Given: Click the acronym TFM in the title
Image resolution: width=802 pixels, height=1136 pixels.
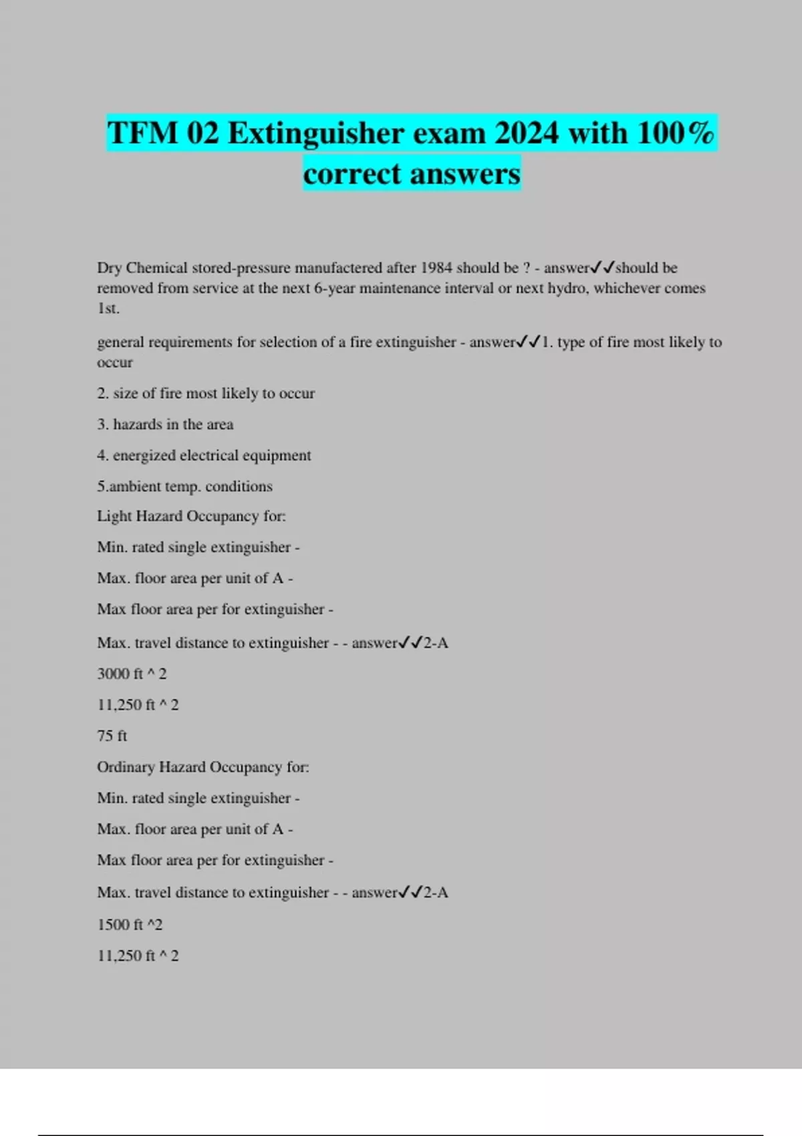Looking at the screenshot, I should click(142, 133).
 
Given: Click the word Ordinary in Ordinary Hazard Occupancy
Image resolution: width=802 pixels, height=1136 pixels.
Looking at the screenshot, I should click(126, 766).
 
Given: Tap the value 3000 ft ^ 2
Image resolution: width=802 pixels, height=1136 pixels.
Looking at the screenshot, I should click(132, 674).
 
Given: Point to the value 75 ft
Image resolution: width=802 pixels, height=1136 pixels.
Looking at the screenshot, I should click(112, 736).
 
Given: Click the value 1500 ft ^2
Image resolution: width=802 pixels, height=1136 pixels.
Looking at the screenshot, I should click(130, 925).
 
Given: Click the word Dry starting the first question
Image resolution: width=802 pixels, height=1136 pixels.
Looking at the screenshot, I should click(109, 268).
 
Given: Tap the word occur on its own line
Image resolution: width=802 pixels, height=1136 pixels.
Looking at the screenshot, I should click(115, 363).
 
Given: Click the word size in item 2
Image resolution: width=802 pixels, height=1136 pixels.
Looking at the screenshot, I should click(125, 394).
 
